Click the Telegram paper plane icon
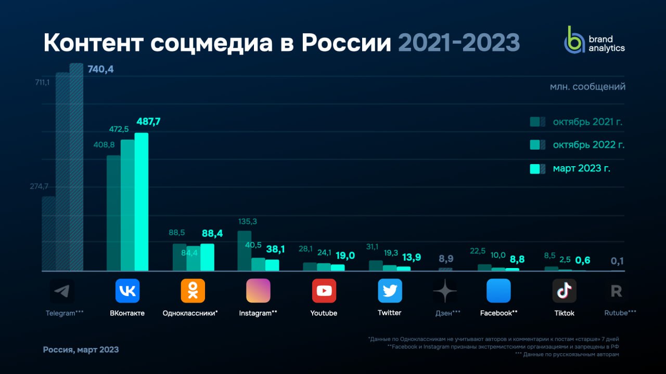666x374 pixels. (62, 291)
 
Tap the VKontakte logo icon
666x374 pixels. (127, 291)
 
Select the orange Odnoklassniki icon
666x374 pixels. (193, 291)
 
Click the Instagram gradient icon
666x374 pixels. (259, 291)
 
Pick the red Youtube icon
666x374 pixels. (324, 291)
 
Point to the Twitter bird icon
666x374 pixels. (390, 291)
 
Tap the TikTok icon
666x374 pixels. (565, 291)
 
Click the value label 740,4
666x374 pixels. (100, 69)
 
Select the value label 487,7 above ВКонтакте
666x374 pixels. (148, 122)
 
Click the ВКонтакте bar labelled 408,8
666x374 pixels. (113, 213)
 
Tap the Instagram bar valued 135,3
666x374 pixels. (245, 251)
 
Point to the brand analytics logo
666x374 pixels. (595, 40)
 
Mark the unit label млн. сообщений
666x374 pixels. (587, 87)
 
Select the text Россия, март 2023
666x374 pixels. (81, 350)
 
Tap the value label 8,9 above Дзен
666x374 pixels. (445, 258)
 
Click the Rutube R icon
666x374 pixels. (617, 291)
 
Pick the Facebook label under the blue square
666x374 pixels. (498, 313)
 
